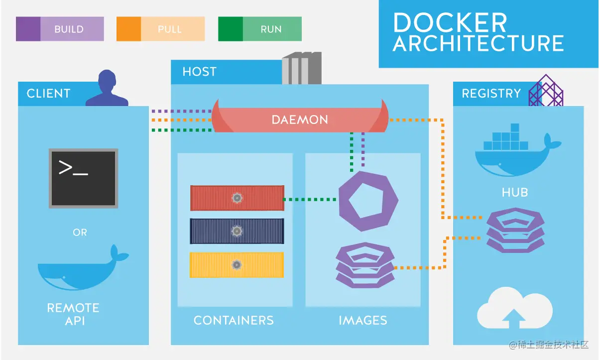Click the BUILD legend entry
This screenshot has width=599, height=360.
click(60, 29)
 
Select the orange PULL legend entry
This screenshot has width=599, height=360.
click(160, 29)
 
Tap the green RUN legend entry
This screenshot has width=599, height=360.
click(259, 29)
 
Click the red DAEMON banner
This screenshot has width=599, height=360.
click(299, 120)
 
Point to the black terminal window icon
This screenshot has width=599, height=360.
click(84, 178)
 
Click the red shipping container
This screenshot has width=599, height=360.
click(237, 198)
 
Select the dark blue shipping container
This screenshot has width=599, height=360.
click(237, 231)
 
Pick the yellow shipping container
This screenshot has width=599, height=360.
click(237, 264)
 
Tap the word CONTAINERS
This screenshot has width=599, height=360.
click(234, 320)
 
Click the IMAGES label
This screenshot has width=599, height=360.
click(362, 320)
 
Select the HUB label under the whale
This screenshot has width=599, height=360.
click(515, 192)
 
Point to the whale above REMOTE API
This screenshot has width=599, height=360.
click(80, 269)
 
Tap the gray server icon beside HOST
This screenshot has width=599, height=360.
click(301, 69)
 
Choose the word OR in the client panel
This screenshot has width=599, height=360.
click(80, 232)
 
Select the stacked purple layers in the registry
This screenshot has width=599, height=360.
click(515, 230)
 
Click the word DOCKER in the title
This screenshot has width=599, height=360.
click(450, 22)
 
